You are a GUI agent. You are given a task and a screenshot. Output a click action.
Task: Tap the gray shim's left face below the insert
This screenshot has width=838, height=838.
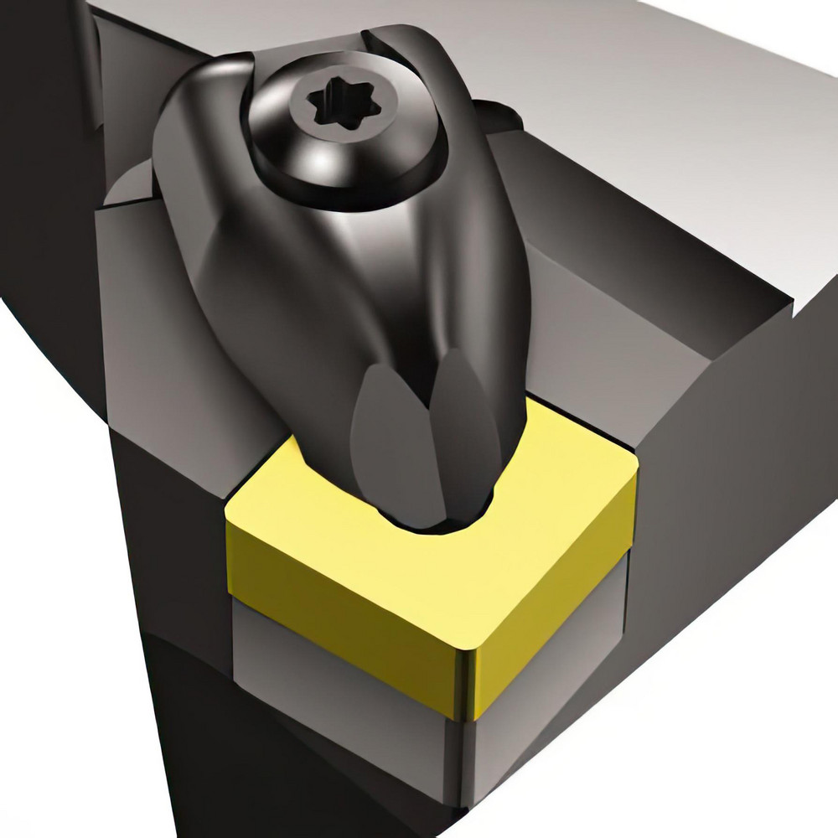coord(335,687)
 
